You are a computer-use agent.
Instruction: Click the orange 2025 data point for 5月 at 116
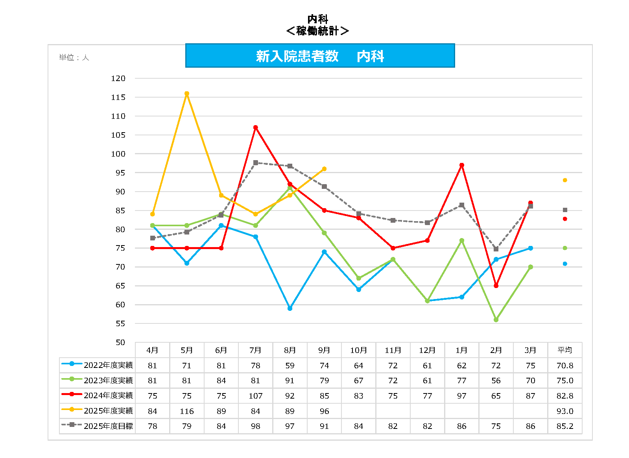tap(187, 94)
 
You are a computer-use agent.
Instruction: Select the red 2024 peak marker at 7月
tap(256, 127)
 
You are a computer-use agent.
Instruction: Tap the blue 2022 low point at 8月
tap(290, 308)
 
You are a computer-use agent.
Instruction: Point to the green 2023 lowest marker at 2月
tap(496, 320)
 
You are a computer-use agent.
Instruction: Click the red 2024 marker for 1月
tap(462, 165)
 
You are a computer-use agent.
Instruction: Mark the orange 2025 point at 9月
tap(324, 169)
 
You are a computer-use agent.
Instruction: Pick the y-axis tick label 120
tap(118, 78)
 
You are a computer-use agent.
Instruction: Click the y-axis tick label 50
tap(120, 342)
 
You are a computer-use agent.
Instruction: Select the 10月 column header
tap(358, 350)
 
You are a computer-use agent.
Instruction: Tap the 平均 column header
tap(565, 350)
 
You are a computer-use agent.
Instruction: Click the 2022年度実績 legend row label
tap(108, 365)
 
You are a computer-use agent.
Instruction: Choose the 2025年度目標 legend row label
tap(108, 426)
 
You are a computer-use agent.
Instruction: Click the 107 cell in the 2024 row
tap(256, 396)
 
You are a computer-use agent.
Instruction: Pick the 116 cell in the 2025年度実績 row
tap(187, 411)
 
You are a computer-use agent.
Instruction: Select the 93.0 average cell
tap(565, 411)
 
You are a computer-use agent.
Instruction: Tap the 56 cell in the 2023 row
tap(496, 380)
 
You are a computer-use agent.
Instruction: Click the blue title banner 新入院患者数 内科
tap(320, 56)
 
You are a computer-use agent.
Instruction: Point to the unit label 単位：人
tap(74, 57)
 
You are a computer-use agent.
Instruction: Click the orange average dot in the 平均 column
tap(565, 180)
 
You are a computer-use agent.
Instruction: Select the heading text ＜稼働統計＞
tap(317, 31)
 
